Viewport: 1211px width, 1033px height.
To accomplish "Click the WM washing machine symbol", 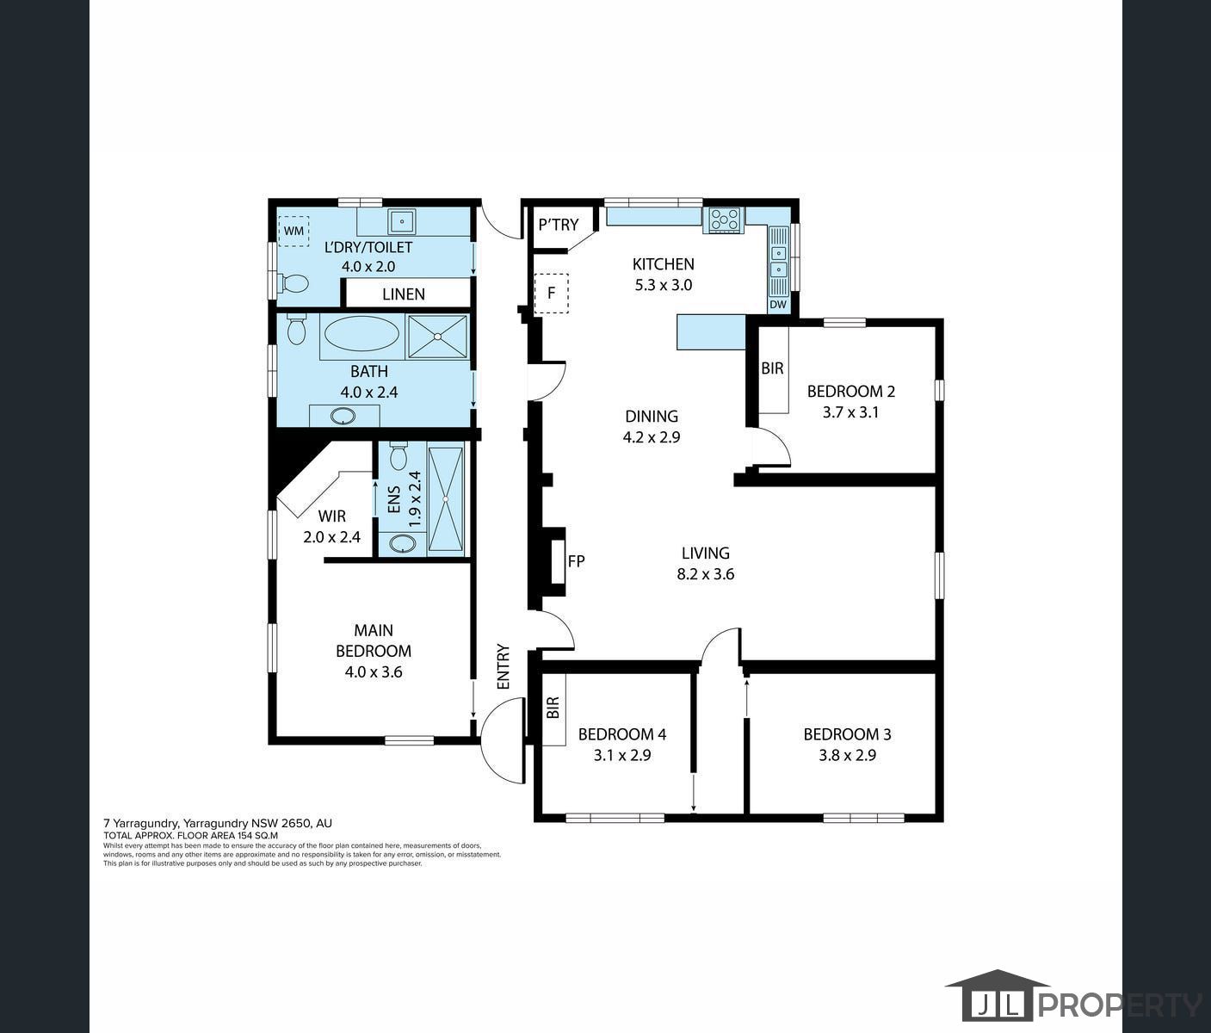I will pyautogui.click(x=294, y=231).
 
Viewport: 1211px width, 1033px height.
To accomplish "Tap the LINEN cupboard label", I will pyautogui.click(x=403, y=294).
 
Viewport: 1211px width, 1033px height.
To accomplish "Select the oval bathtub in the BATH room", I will pyautogui.click(x=361, y=334).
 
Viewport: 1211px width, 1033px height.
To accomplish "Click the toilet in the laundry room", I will pyautogui.click(x=293, y=283).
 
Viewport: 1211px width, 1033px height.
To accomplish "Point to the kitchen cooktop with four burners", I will pyautogui.click(x=724, y=220).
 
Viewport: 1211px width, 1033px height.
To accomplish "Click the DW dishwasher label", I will pyautogui.click(x=778, y=304).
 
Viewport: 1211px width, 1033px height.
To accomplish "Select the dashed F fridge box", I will pyautogui.click(x=551, y=293).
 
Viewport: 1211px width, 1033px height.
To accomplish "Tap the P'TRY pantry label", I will pyautogui.click(x=558, y=225).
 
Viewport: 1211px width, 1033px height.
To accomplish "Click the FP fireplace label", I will pyautogui.click(x=577, y=561).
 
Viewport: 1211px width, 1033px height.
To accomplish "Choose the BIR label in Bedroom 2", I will pyautogui.click(x=772, y=368).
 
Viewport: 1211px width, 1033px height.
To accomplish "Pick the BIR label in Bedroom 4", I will pyautogui.click(x=553, y=708).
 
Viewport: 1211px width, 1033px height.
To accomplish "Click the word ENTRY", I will pyautogui.click(x=504, y=666).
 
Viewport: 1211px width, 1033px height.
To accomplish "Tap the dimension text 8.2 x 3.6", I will pyautogui.click(x=705, y=574).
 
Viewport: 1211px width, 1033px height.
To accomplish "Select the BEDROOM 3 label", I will pyautogui.click(x=847, y=734).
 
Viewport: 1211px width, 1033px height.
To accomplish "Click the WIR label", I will pyautogui.click(x=331, y=516).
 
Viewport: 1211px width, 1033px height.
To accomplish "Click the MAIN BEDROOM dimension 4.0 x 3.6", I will pyautogui.click(x=373, y=672).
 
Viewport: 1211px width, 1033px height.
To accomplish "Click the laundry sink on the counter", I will pyautogui.click(x=401, y=221).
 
